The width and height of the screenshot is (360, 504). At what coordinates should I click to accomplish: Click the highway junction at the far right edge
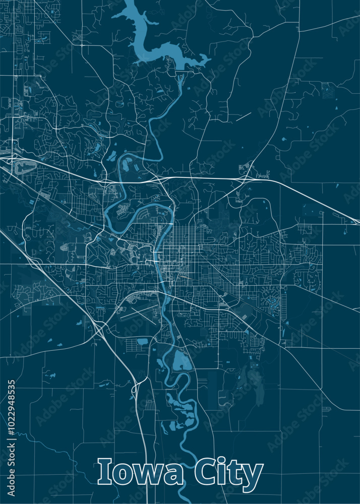pyautogui.click(x=356, y=221)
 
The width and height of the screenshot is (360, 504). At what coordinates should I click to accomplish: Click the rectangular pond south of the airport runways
pyautogui.click(x=143, y=341)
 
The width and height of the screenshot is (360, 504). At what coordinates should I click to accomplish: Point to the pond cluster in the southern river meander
pyautogui.click(x=176, y=403)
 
